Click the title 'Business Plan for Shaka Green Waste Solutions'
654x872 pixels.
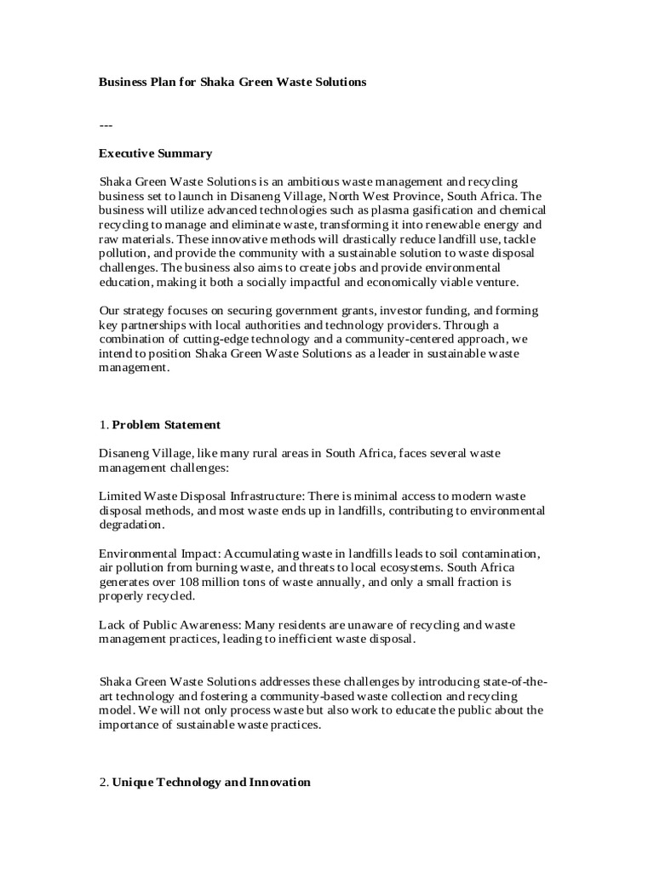click(x=232, y=83)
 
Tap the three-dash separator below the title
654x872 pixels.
click(x=106, y=125)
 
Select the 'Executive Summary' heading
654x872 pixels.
click(x=155, y=153)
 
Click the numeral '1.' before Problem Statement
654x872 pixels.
click(x=104, y=424)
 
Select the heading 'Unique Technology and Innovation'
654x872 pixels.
click(x=211, y=782)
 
